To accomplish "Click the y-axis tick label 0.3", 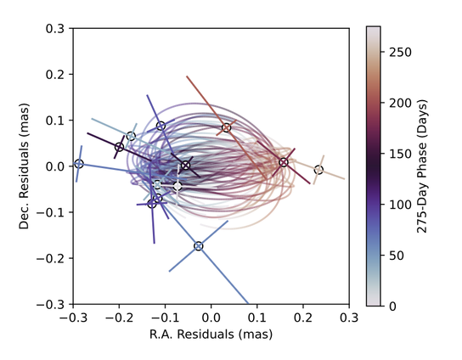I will [x=56, y=28].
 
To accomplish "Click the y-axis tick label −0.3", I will [x=54, y=304].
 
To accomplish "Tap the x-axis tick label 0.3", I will [x=348, y=317].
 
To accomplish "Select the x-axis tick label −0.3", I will [x=72, y=317].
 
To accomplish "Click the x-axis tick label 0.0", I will [x=211, y=317].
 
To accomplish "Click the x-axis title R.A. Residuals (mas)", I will [x=211, y=334].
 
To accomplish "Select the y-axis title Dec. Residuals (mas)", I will [x=31, y=166].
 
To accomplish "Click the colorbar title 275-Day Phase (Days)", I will [x=432, y=166].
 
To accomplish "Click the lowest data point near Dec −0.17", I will [x=199, y=246].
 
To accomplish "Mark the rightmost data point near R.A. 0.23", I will [x=318, y=170].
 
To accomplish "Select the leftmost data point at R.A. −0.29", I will [x=79, y=164].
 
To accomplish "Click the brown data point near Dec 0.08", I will [x=227, y=128].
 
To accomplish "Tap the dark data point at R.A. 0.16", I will [x=284, y=162].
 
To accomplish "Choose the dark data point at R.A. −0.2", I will [x=120, y=147].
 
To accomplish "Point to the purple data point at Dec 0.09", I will [x=161, y=127].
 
